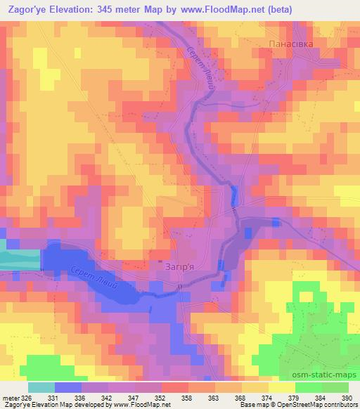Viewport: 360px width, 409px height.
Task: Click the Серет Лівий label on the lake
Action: [102, 280]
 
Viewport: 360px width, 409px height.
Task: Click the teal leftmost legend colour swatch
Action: [41, 387]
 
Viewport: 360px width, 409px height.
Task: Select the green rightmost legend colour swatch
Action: [335, 387]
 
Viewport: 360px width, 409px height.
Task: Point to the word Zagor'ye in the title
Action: [27, 9]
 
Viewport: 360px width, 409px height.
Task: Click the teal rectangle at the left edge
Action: [20, 254]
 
